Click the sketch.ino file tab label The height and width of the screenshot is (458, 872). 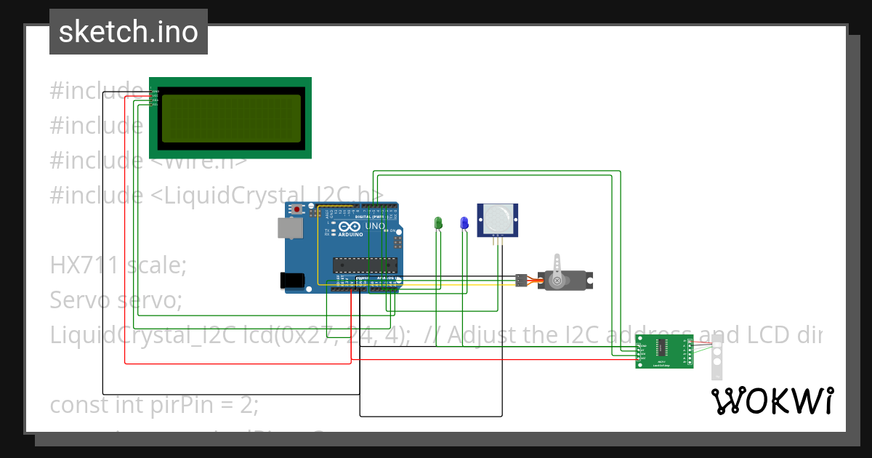(x=128, y=32)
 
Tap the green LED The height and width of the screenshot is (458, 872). (x=438, y=223)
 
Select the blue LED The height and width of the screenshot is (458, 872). (x=464, y=223)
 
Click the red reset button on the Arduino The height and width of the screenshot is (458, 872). (x=297, y=209)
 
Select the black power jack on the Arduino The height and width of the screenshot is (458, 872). (x=292, y=280)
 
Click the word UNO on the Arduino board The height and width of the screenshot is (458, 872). (x=374, y=226)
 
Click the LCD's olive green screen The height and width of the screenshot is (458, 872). (x=231, y=118)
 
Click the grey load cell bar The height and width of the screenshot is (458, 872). (x=716, y=356)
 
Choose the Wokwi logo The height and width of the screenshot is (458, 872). (x=772, y=401)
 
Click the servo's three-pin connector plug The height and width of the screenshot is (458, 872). (x=521, y=279)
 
